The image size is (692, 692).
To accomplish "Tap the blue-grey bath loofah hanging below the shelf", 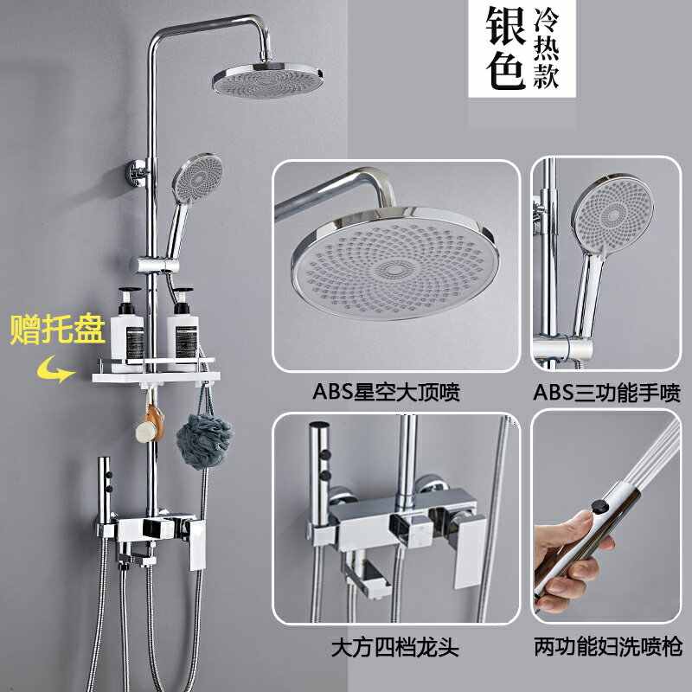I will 205,441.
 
